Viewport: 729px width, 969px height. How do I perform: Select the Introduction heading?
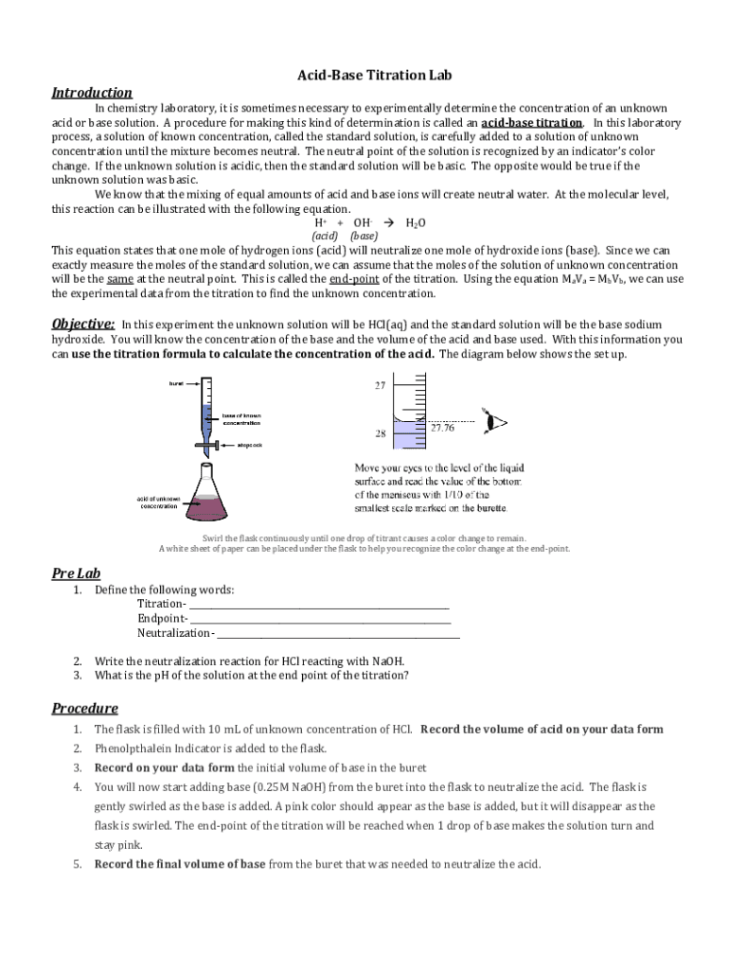92,93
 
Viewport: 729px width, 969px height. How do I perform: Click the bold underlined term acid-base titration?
531,123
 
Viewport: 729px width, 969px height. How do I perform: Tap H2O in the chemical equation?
415,223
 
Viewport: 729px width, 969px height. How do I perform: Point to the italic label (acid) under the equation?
325,236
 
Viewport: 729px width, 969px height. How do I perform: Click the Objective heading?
83,323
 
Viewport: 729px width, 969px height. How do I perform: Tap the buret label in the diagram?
176,383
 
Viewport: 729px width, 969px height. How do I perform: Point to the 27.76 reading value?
442,428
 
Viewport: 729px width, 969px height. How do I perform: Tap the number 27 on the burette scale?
380,386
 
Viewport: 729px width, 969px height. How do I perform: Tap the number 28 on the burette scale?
380,434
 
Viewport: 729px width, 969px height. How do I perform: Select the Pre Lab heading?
76,573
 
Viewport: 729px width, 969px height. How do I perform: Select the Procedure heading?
84,708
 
